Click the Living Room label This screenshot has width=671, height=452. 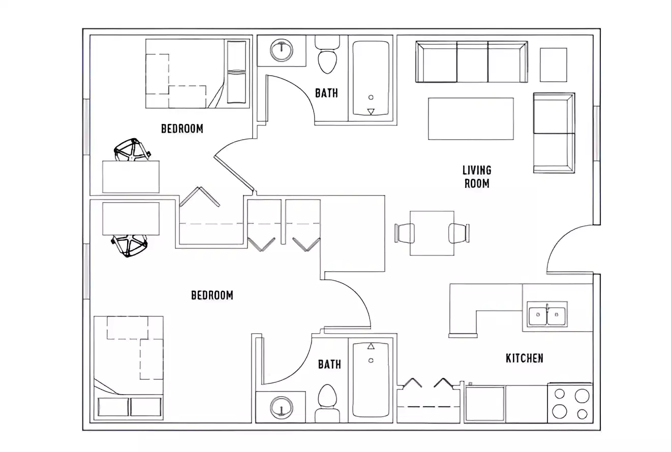[x=477, y=176]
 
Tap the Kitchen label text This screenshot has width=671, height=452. [x=524, y=358]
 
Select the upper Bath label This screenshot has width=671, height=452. [x=326, y=93]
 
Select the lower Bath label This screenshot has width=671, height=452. [x=329, y=364]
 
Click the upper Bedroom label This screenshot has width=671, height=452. [x=182, y=128]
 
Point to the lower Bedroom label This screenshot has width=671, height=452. [x=212, y=295]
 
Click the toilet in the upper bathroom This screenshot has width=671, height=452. [x=327, y=55]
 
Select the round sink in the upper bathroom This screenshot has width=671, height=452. [x=281, y=50]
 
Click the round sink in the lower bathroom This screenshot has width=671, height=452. [x=281, y=407]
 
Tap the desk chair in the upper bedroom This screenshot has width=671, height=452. [x=132, y=150]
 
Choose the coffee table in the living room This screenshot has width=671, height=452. [x=471, y=118]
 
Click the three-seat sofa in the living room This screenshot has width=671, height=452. [x=472, y=62]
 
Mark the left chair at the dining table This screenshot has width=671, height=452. [x=405, y=233]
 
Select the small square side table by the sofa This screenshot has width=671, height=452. [x=553, y=64]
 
